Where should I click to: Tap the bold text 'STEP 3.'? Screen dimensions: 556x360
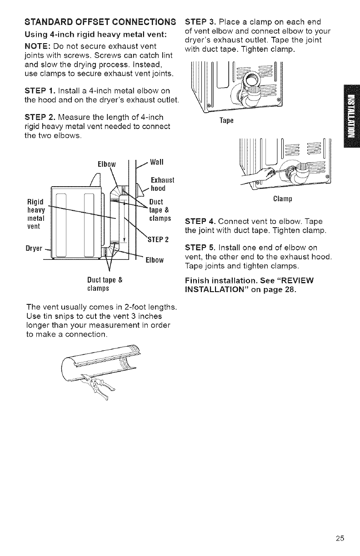coord(200,22)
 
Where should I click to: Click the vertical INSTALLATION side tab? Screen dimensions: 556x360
coord(353,118)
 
